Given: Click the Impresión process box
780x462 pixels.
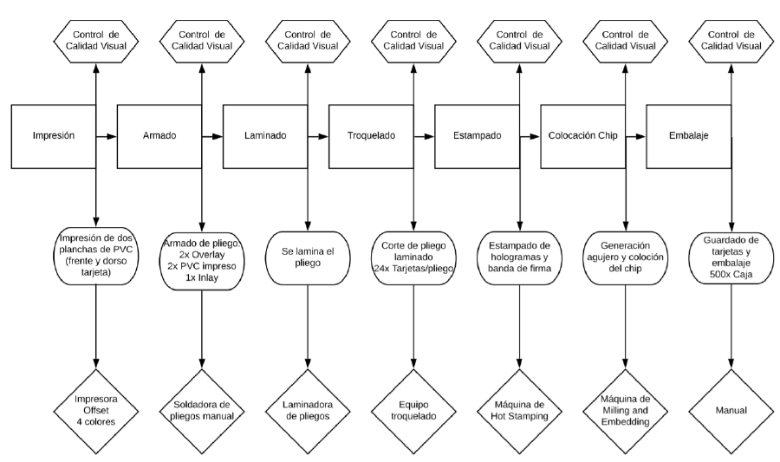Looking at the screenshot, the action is (x=53, y=136).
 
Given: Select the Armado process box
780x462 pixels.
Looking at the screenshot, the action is (x=159, y=136).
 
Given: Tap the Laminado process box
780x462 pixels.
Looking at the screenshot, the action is (x=265, y=136).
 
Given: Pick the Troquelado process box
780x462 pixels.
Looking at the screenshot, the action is (x=371, y=136).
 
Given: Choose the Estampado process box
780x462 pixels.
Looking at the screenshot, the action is (x=477, y=136).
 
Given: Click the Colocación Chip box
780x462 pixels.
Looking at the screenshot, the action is (x=583, y=136).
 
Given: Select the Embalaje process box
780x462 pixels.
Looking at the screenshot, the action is (x=688, y=136).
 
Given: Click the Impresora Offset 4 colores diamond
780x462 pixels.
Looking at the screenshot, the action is (x=96, y=411).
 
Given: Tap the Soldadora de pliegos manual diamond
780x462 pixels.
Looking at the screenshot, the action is (x=202, y=411).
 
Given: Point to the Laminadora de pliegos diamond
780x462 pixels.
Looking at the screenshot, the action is (x=308, y=411).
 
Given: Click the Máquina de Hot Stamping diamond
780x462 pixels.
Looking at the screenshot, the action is (x=520, y=411).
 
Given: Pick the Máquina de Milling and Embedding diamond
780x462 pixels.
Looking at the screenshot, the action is (x=626, y=411).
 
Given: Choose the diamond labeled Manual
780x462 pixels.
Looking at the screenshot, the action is (x=731, y=411).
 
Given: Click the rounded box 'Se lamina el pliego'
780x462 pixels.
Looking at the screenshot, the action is (x=308, y=257).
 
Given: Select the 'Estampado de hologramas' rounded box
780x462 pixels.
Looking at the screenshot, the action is (x=520, y=257).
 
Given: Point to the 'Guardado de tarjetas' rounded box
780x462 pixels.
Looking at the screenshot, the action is (x=731, y=257).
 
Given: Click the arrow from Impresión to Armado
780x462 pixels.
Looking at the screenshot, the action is (x=107, y=136).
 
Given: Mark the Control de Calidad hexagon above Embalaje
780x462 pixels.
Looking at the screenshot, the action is (x=731, y=41).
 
